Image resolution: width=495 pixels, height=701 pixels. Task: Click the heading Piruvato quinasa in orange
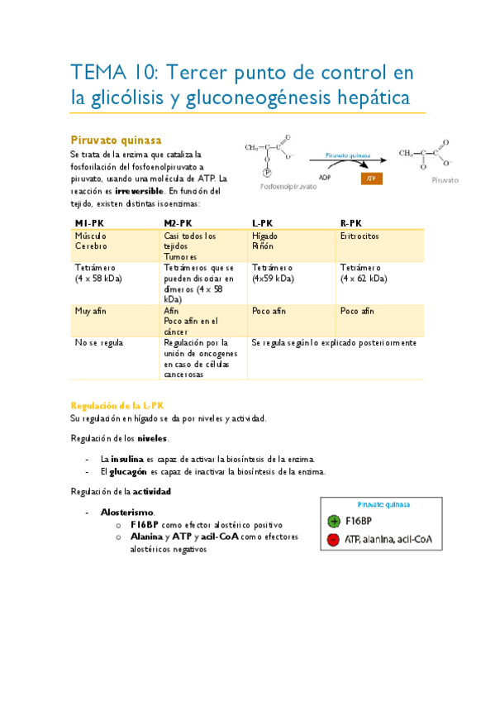pos(116,140)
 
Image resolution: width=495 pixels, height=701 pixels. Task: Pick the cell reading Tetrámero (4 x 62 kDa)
pos(364,274)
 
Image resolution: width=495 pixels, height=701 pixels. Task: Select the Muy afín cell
pos(93,311)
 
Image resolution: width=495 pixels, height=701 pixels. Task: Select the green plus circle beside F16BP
pos(334,521)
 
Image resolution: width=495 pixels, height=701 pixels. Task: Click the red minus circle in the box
pos(334,539)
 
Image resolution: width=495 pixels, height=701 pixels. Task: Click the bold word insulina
pos(128,458)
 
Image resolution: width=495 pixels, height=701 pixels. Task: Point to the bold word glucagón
pos(129,471)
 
